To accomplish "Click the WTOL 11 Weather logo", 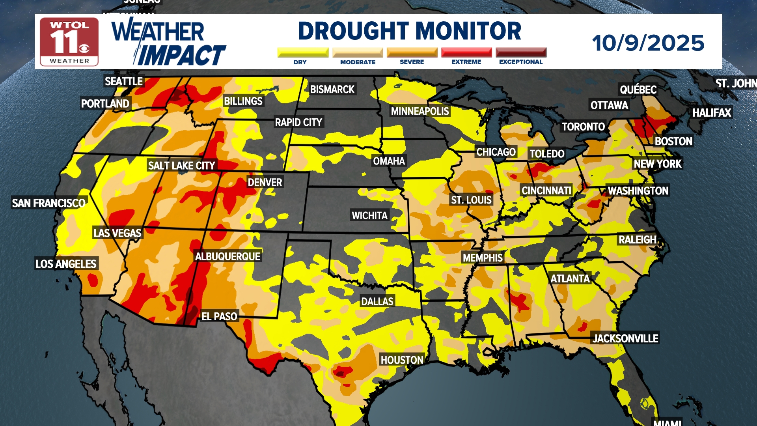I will (x=69, y=41).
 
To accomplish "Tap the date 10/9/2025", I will (x=648, y=43).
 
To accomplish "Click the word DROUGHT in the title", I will (x=355, y=31).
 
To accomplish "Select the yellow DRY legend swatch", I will (x=303, y=52).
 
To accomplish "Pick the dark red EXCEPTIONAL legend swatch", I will (x=521, y=52).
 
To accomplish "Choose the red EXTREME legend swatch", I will (x=466, y=52).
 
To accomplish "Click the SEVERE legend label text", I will (x=412, y=62).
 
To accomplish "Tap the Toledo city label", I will (x=547, y=154).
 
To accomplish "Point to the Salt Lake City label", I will (x=181, y=166).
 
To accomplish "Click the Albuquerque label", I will (x=227, y=257).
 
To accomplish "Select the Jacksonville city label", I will (x=625, y=339).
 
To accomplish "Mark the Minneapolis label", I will (x=420, y=112).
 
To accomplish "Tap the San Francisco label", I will (x=48, y=204).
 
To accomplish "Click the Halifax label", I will (x=712, y=113).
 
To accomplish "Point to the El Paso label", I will (x=219, y=316).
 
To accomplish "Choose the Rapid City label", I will (x=298, y=123).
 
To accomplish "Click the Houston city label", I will (x=402, y=360).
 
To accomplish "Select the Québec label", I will (x=638, y=90).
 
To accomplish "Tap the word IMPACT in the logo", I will (x=181, y=55).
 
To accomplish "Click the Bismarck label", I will (x=332, y=90).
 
